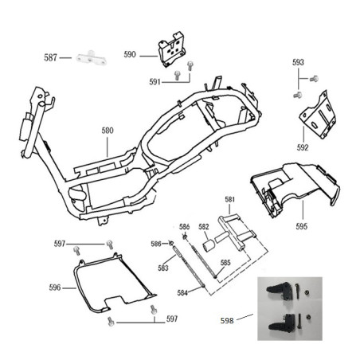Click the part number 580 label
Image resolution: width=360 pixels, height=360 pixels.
pyautogui.click(x=108, y=131)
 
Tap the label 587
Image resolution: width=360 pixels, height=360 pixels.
pyautogui.click(x=50, y=57)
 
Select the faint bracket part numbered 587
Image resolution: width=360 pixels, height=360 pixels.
pyautogui.click(x=91, y=58)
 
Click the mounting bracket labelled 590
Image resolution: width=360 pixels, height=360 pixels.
pyautogui.click(x=171, y=49)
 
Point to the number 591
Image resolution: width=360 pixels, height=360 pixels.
pyautogui.click(x=155, y=82)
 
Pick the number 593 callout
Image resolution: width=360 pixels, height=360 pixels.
pyautogui.click(x=298, y=62)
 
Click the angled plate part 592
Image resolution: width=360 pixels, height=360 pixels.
pyautogui.click(x=318, y=115)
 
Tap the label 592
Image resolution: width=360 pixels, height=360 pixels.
pyautogui.click(x=303, y=147)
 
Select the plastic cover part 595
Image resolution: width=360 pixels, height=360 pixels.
pyautogui.click(x=295, y=189)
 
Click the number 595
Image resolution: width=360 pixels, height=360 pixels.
pyautogui.click(x=302, y=226)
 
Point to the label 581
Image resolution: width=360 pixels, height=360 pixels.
pyautogui.click(x=230, y=199)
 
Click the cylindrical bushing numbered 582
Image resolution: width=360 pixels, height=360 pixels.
pyautogui.click(x=209, y=245)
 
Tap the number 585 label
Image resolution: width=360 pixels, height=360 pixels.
pyautogui.click(x=225, y=263)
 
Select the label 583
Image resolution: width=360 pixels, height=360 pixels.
pyautogui.click(x=163, y=268)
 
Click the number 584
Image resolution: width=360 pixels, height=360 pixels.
pyautogui.click(x=182, y=293)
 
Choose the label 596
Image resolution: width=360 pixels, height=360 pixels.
pyautogui.click(x=55, y=288)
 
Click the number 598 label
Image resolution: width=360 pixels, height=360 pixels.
pyautogui.click(x=227, y=321)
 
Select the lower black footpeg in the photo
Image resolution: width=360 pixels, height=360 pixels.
pyautogui.click(x=280, y=323)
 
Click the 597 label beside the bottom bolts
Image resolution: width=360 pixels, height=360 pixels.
pyautogui.click(x=172, y=319)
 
